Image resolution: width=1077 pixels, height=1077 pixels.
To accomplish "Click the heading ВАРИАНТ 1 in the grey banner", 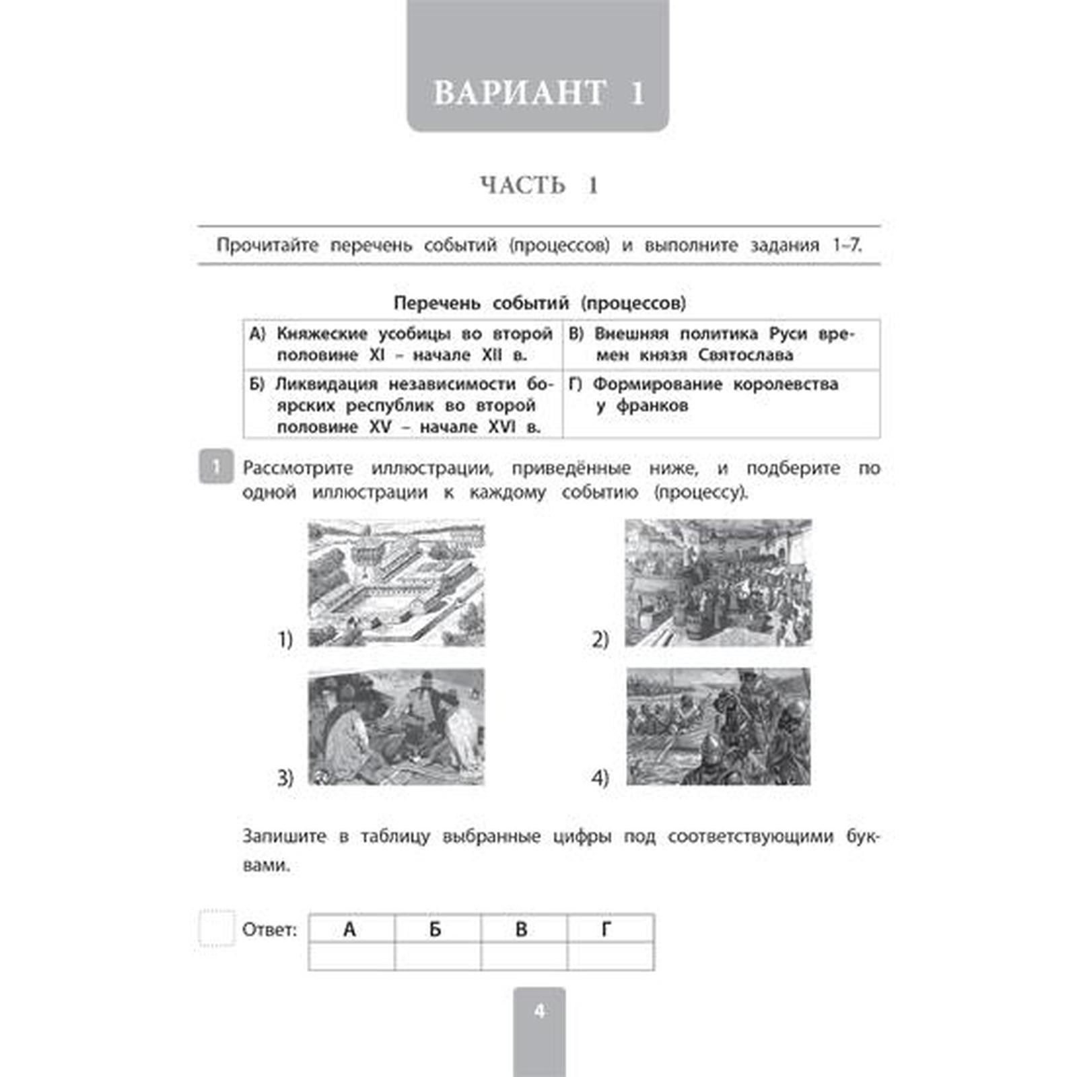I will [538, 92].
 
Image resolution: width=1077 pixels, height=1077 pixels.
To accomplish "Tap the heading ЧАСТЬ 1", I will [538, 185].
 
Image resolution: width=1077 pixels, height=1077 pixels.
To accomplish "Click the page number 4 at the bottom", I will [539, 1011].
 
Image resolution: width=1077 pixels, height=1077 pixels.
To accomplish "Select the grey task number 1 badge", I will [215, 466].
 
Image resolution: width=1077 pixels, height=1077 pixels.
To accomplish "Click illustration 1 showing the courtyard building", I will [396, 583].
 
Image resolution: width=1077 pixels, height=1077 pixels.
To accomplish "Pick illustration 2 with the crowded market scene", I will [718, 583].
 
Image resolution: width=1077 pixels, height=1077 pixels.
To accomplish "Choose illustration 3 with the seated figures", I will [396, 726].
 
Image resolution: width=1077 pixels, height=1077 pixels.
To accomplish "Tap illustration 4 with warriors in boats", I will [718, 726].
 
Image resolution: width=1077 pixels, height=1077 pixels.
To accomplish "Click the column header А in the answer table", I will [350, 930].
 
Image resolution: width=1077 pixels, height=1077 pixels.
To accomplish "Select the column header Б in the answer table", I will [436, 930].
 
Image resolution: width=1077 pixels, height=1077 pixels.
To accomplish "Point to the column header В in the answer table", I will [522, 930].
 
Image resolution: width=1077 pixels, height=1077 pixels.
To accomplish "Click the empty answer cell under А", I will [351, 957].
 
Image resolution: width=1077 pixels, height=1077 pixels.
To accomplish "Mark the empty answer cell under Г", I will [610, 957].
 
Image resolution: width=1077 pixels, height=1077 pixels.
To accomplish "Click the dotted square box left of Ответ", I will [217, 928].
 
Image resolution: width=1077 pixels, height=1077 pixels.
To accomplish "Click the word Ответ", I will [269, 930].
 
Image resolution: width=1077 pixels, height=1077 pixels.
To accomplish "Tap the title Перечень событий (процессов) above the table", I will [539, 303].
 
